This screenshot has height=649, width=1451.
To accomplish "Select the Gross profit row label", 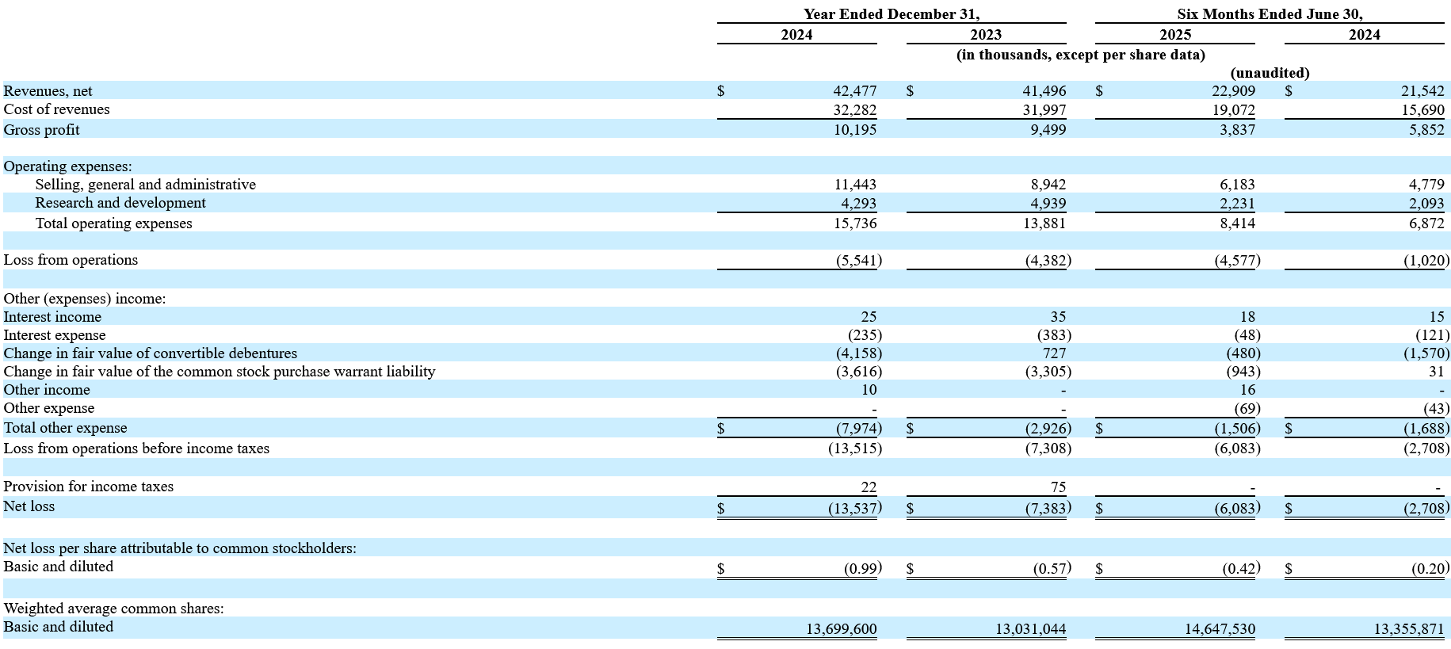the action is point(41,130).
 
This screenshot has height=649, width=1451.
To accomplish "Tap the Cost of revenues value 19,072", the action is point(1233,110).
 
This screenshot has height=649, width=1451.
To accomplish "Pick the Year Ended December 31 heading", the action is point(892,14).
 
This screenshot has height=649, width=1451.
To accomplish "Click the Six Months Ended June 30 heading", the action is point(1270,14).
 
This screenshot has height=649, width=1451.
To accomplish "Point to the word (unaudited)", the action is point(1270,73).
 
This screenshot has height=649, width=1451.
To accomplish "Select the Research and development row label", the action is point(120,203).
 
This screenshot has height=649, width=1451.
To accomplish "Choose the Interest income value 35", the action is point(1058,317).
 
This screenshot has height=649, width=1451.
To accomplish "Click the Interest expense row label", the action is point(55,335).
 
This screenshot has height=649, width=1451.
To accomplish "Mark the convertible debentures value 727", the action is point(1054,353).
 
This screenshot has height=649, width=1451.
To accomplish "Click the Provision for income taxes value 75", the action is point(1058,487).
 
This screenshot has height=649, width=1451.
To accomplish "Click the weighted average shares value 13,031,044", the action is point(1030,629).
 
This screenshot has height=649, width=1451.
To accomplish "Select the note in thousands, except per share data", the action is point(1081,55).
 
